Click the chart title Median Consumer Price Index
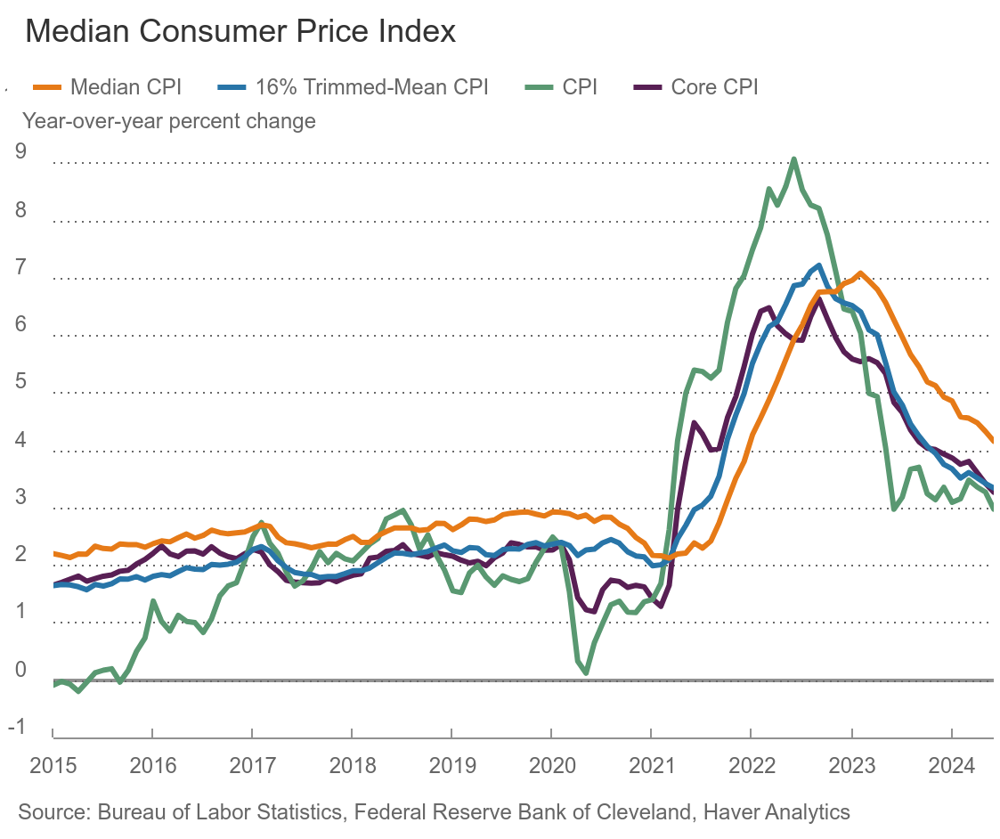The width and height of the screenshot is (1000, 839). pos(240,31)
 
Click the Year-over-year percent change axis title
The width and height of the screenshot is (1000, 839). pos(169,119)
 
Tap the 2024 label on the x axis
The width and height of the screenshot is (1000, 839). pos(950,765)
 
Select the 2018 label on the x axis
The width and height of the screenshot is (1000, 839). pos(350,765)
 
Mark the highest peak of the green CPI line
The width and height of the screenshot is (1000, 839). pos(793,159)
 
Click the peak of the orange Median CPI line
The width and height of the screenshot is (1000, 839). pos(860,273)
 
